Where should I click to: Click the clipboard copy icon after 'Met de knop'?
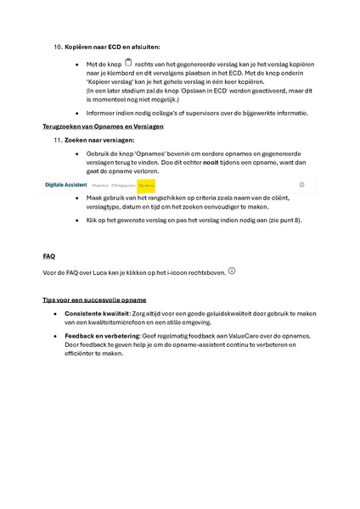128,63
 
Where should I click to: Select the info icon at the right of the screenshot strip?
301,183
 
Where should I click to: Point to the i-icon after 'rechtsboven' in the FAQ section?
232,271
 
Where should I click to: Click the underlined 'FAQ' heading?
49,255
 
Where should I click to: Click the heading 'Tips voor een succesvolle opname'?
94,300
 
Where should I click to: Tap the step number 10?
58,47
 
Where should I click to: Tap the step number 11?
58,139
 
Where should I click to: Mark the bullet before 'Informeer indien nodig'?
78,113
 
